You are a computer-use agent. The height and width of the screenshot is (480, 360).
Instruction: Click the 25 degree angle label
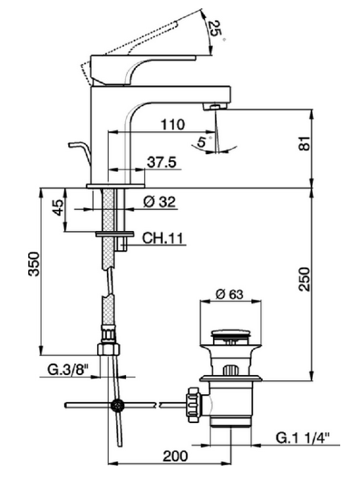coord(215,29)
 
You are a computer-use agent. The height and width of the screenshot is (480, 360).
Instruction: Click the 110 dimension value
coord(173,125)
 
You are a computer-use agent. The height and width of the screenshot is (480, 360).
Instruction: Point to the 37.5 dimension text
coord(162,163)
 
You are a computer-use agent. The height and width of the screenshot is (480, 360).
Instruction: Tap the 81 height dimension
coord(304,143)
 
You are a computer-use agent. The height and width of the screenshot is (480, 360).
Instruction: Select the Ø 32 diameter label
coord(159,202)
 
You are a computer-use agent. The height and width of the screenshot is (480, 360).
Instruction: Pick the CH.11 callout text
coord(162,238)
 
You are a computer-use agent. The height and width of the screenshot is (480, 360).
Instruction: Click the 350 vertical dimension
coord(34,264)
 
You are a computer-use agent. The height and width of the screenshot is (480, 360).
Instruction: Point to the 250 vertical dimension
coord(304,279)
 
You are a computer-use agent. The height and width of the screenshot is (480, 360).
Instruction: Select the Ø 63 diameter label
coord(230,294)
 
